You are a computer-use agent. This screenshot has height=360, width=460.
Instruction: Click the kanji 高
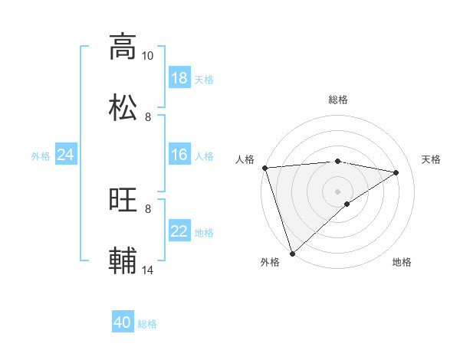123,47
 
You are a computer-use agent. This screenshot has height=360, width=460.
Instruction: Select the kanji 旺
123,200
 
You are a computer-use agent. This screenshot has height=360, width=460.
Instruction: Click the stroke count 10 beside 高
148,56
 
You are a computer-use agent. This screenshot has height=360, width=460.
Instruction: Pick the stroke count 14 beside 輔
148,270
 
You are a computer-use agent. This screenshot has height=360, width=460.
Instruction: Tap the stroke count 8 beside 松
148,117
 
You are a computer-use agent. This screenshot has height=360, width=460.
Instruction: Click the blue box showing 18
179,78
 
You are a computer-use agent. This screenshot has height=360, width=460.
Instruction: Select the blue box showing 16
179,155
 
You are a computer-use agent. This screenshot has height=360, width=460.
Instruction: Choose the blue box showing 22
179,231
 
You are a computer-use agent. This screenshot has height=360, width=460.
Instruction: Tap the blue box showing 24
66,155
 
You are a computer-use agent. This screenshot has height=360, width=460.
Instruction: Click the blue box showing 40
123,322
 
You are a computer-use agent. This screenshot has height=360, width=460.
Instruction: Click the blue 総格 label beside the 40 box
147,324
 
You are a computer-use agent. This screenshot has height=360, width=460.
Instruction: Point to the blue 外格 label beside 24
41,156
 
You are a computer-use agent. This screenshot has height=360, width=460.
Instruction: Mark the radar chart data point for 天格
396,172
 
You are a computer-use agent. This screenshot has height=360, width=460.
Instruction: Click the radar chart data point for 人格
264,168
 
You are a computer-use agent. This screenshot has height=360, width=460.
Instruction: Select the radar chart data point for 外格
292,253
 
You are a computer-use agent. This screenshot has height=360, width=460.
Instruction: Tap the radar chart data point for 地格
347,204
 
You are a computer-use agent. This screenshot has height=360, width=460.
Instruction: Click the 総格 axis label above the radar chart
338,100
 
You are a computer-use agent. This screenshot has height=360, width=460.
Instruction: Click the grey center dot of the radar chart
338,191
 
